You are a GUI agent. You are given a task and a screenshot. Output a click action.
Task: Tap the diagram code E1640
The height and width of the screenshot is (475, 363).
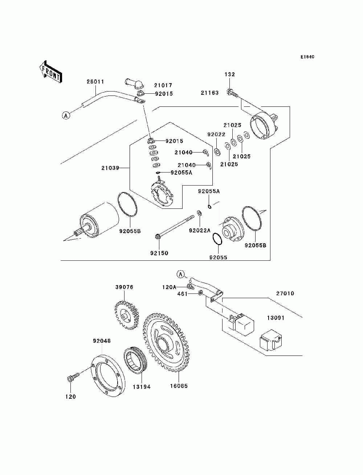pyautogui.click(x=307, y=57)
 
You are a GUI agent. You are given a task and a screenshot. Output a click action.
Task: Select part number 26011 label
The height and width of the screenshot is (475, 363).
pyautogui.click(x=95, y=82)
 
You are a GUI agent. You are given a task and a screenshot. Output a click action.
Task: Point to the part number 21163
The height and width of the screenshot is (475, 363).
pyautogui.click(x=209, y=93)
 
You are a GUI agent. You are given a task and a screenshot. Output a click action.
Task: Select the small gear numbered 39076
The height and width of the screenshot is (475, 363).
pyautogui.click(x=127, y=315)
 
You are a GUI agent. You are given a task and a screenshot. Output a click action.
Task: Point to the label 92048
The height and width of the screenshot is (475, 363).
pyautogui.click(x=102, y=341)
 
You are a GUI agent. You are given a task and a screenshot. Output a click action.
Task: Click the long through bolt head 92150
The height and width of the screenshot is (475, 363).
pyautogui.click(x=158, y=236)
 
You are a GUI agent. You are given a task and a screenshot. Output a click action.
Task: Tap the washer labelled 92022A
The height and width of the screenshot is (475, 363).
pyautogui.click(x=199, y=213)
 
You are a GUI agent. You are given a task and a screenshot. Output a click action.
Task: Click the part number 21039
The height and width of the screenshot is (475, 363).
pyautogui.click(x=110, y=168)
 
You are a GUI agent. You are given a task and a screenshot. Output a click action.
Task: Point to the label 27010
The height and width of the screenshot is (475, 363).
pyautogui.click(x=285, y=293)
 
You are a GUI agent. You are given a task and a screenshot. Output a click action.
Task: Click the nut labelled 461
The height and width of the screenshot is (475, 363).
pyautogui.click(x=200, y=293)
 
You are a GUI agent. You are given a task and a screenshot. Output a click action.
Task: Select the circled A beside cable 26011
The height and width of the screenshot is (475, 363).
pyautogui.click(x=66, y=115)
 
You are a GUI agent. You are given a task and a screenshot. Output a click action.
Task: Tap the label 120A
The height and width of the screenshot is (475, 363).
pyautogui.click(x=170, y=287)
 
